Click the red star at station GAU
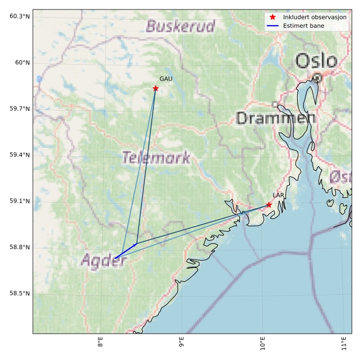[155, 88]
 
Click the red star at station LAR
[269, 205]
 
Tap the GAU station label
[166, 79]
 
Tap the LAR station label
[278, 195]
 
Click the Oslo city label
[316, 61]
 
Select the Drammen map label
[276, 118]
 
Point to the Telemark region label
[156, 157]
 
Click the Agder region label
[104, 260]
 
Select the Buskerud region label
[181, 26]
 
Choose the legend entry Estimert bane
[304, 25]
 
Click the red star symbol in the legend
[272, 17]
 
